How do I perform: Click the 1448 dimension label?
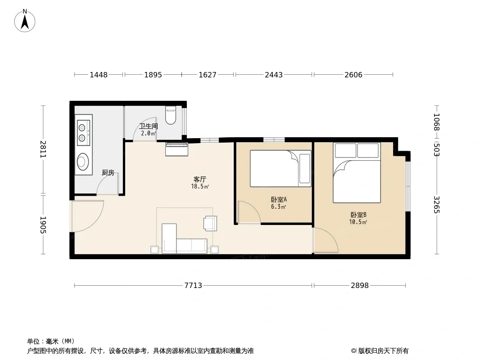[x=99, y=75]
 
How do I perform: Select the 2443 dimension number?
[x=274, y=75]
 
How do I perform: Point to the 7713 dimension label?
[x=193, y=285]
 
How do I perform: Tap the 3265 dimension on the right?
[x=436, y=205]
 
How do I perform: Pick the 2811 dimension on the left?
[x=43, y=149]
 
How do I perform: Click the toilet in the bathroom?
[x=171, y=115]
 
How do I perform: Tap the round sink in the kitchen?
[x=83, y=162]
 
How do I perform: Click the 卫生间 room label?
[x=149, y=126]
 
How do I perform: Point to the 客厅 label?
[x=199, y=179]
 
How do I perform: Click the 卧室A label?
[x=279, y=200]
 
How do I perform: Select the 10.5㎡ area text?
[x=358, y=222]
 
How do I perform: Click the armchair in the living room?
[x=210, y=223]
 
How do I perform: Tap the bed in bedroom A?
[x=281, y=168]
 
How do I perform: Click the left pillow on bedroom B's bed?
[x=345, y=151]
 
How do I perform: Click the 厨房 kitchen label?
[x=108, y=173]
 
